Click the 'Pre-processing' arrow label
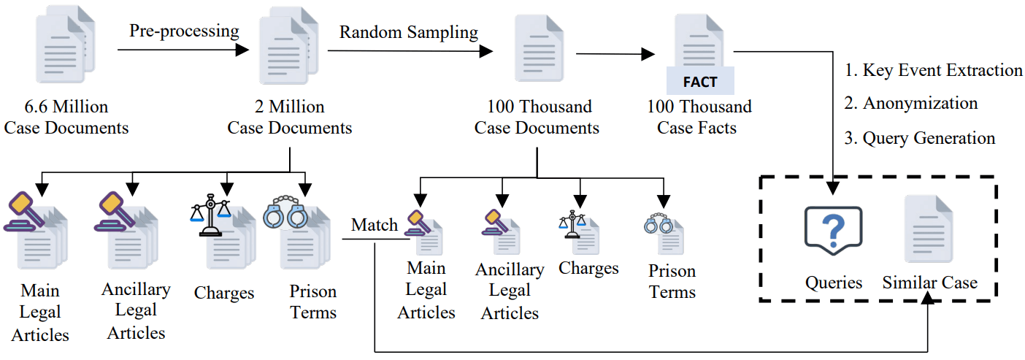(x=184, y=31)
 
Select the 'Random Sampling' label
(x=409, y=32)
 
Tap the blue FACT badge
(x=699, y=81)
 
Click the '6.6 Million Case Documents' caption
(x=66, y=118)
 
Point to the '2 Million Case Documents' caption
(x=290, y=118)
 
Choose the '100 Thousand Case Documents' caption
(x=537, y=118)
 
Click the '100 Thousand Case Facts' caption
(x=699, y=118)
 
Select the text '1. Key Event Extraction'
(x=934, y=70)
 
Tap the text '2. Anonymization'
(x=910, y=104)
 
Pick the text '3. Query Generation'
(x=919, y=138)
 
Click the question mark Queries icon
(x=833, y=231)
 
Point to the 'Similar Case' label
(x=929, y=283)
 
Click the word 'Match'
(x=375, y=225)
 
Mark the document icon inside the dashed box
(x=929, y=229)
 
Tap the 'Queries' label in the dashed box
(x=833, y=283)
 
